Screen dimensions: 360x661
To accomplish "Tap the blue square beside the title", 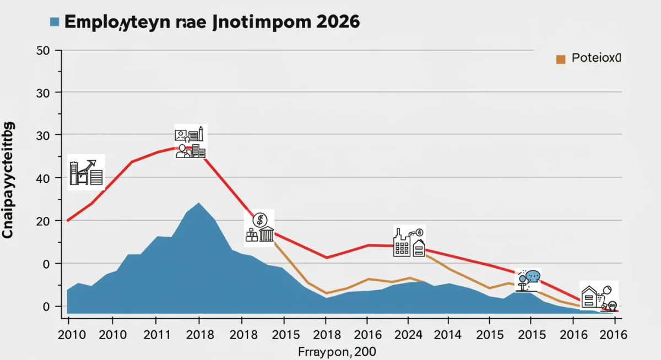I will click(x=54, y=22).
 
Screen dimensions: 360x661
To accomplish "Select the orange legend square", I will click(x=561, y=59).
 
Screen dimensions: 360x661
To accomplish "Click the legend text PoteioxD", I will click(x=596, y=58).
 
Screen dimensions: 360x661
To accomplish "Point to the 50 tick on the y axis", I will click(x=43, y=51).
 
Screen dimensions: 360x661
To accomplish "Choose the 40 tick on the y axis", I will click(x=43, y=178).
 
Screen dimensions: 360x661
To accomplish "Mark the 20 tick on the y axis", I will click(x=43, y=221).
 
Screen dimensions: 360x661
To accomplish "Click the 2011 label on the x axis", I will click(x=155, y=334).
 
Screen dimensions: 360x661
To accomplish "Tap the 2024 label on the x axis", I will click(x=408, y=334).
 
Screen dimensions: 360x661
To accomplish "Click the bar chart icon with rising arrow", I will click(x=86, y=172).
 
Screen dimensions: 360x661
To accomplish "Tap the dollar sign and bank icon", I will click(x=259, y=228).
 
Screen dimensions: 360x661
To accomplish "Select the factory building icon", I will click(x=409, y=242).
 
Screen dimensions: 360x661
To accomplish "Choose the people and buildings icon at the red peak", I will click(x=190, y=143).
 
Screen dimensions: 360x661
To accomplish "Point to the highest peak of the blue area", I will click(x=198, y=203).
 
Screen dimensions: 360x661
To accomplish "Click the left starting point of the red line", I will click(x=67, y=221).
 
